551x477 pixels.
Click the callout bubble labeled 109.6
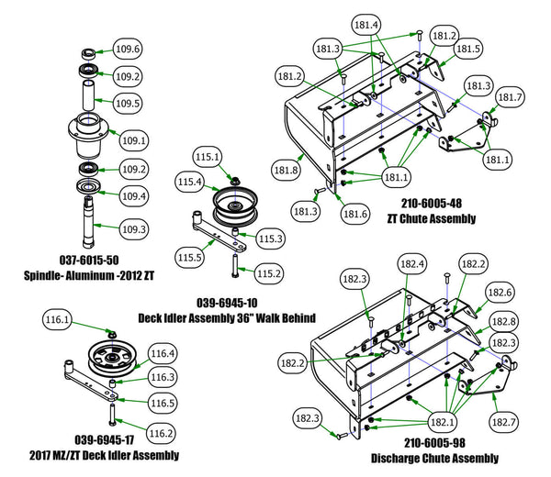[x=126, y=50]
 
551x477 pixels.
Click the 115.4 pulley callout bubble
[x=190, y=183]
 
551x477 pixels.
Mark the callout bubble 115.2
[x=269, y=273]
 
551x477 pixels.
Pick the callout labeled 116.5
[x=162, y=401]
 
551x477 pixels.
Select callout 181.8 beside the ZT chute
[x=287, y=169]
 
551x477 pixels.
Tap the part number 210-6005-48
[x=432, y=204]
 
